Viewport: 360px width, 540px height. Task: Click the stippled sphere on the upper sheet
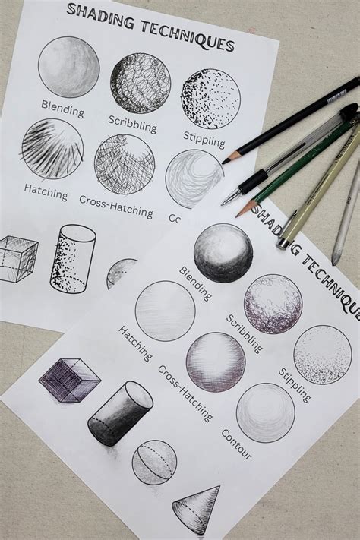click(210, 99)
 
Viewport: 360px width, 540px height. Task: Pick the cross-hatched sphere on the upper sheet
click(125, 164)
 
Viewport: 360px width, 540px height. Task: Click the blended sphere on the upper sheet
click(68, 67)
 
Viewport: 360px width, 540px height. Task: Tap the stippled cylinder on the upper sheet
click(73, 258)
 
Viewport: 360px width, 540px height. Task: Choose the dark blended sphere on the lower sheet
click(223, 253)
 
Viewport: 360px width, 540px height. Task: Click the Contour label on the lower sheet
click(236, 444)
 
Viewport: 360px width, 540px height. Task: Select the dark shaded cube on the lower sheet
click(69, 378)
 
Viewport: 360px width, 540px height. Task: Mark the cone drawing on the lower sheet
click(197, 507)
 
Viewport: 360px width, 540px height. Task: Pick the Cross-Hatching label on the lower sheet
click(185, 393)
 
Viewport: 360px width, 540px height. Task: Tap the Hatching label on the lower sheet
click(135, 343)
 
